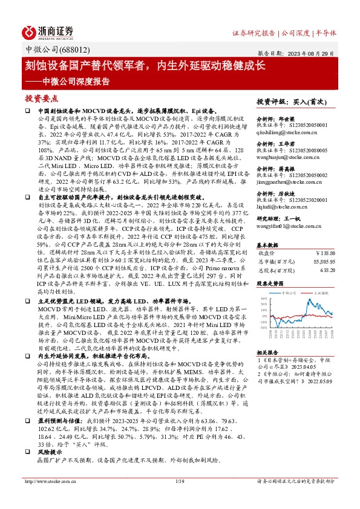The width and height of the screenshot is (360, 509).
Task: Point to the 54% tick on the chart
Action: pos(264,299)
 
